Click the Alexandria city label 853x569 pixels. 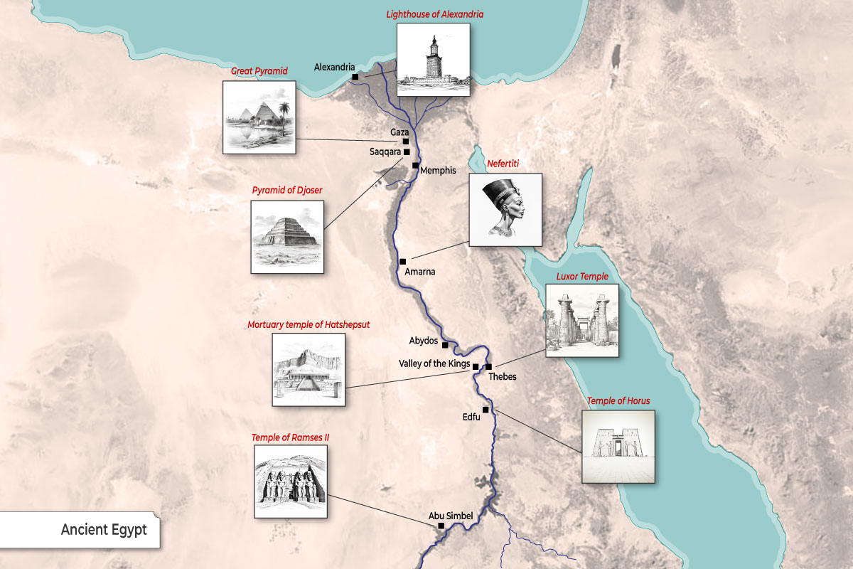[334, 68]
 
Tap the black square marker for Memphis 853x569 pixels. [415, 165]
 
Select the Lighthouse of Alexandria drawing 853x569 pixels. [433, 60]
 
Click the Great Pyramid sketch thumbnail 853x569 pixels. [259, 117]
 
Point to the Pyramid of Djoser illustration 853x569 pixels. [287, 236]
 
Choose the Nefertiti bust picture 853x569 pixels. [505, 210]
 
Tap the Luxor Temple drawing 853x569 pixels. [581, 320]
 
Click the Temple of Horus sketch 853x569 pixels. [618, 446]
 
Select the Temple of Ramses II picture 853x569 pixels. [291, 482]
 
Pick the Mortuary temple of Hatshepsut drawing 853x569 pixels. [309, 370]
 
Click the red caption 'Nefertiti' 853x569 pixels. [503, 164]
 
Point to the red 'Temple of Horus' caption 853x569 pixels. [618, 401]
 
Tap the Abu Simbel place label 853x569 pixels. [451, 516]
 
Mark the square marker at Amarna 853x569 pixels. [402, 262]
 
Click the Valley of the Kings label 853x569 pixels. [434, 363]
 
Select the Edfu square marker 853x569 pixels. [485, 410]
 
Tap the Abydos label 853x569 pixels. [424, 341]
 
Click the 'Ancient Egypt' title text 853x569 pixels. [104, 530]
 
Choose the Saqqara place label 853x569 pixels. [385, 151]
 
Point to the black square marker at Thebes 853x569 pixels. [488, 367]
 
